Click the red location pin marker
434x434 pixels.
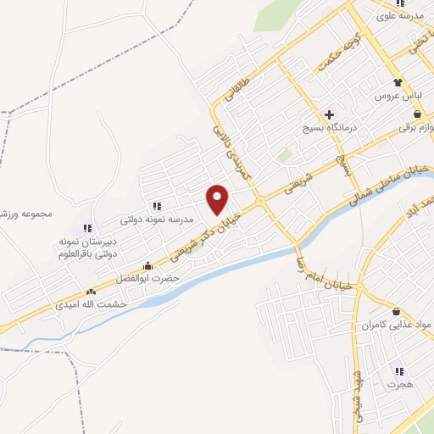218,198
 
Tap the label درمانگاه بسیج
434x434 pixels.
330,129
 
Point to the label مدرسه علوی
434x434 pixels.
405,16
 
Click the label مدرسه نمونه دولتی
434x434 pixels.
157,220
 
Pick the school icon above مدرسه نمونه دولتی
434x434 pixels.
157,206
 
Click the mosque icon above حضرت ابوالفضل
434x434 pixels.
149,265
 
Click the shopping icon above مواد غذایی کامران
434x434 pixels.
397,312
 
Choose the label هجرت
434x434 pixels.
398,384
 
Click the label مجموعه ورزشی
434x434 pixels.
25,214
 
